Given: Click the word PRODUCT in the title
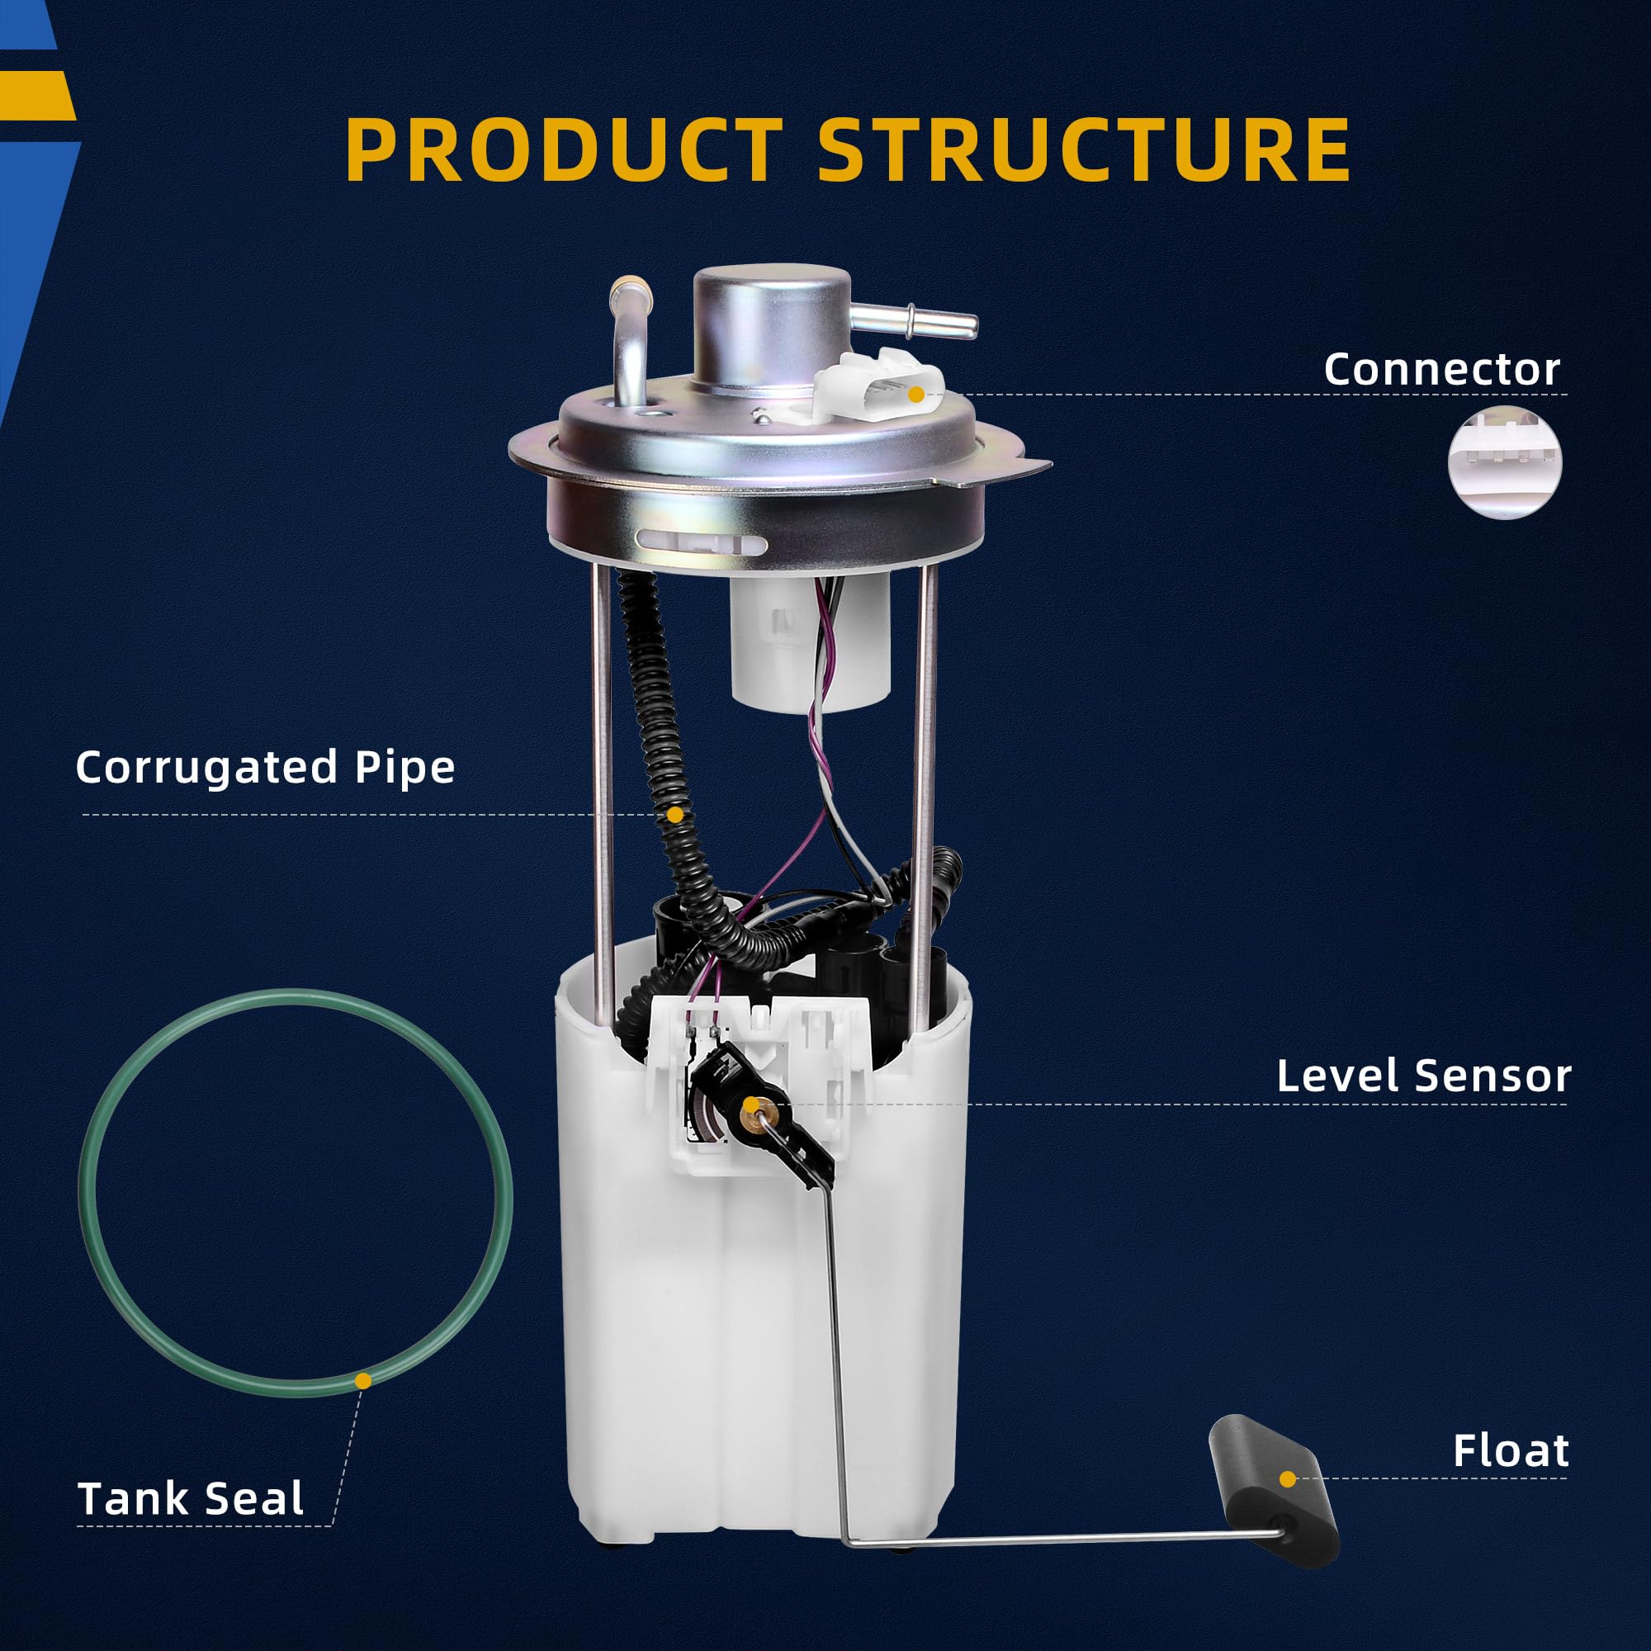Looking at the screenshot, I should pyautogui.click(x=564, y=149).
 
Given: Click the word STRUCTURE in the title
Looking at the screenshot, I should pyautogui.click(x=1084, y=149).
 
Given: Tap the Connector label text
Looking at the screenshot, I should pyautogui.click(x=1441, y=369).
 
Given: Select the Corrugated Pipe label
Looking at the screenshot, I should pyautogui.click(x=265, y=767).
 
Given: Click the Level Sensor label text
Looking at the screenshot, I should pyautogui.click(x=1423, y=1075).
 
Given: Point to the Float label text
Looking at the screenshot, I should pyautogui.click(x=1511, y=1450).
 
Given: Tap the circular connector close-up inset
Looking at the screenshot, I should pyautogui.click(x=1505, y=462).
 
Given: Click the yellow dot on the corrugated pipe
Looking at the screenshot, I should pyautogui.click(x=675, y=815).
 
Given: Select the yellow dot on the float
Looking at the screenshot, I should pyautogui.click(x=1288, y=1478).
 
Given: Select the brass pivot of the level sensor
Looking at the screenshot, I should pyautogui.click(x=751, y=1107).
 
